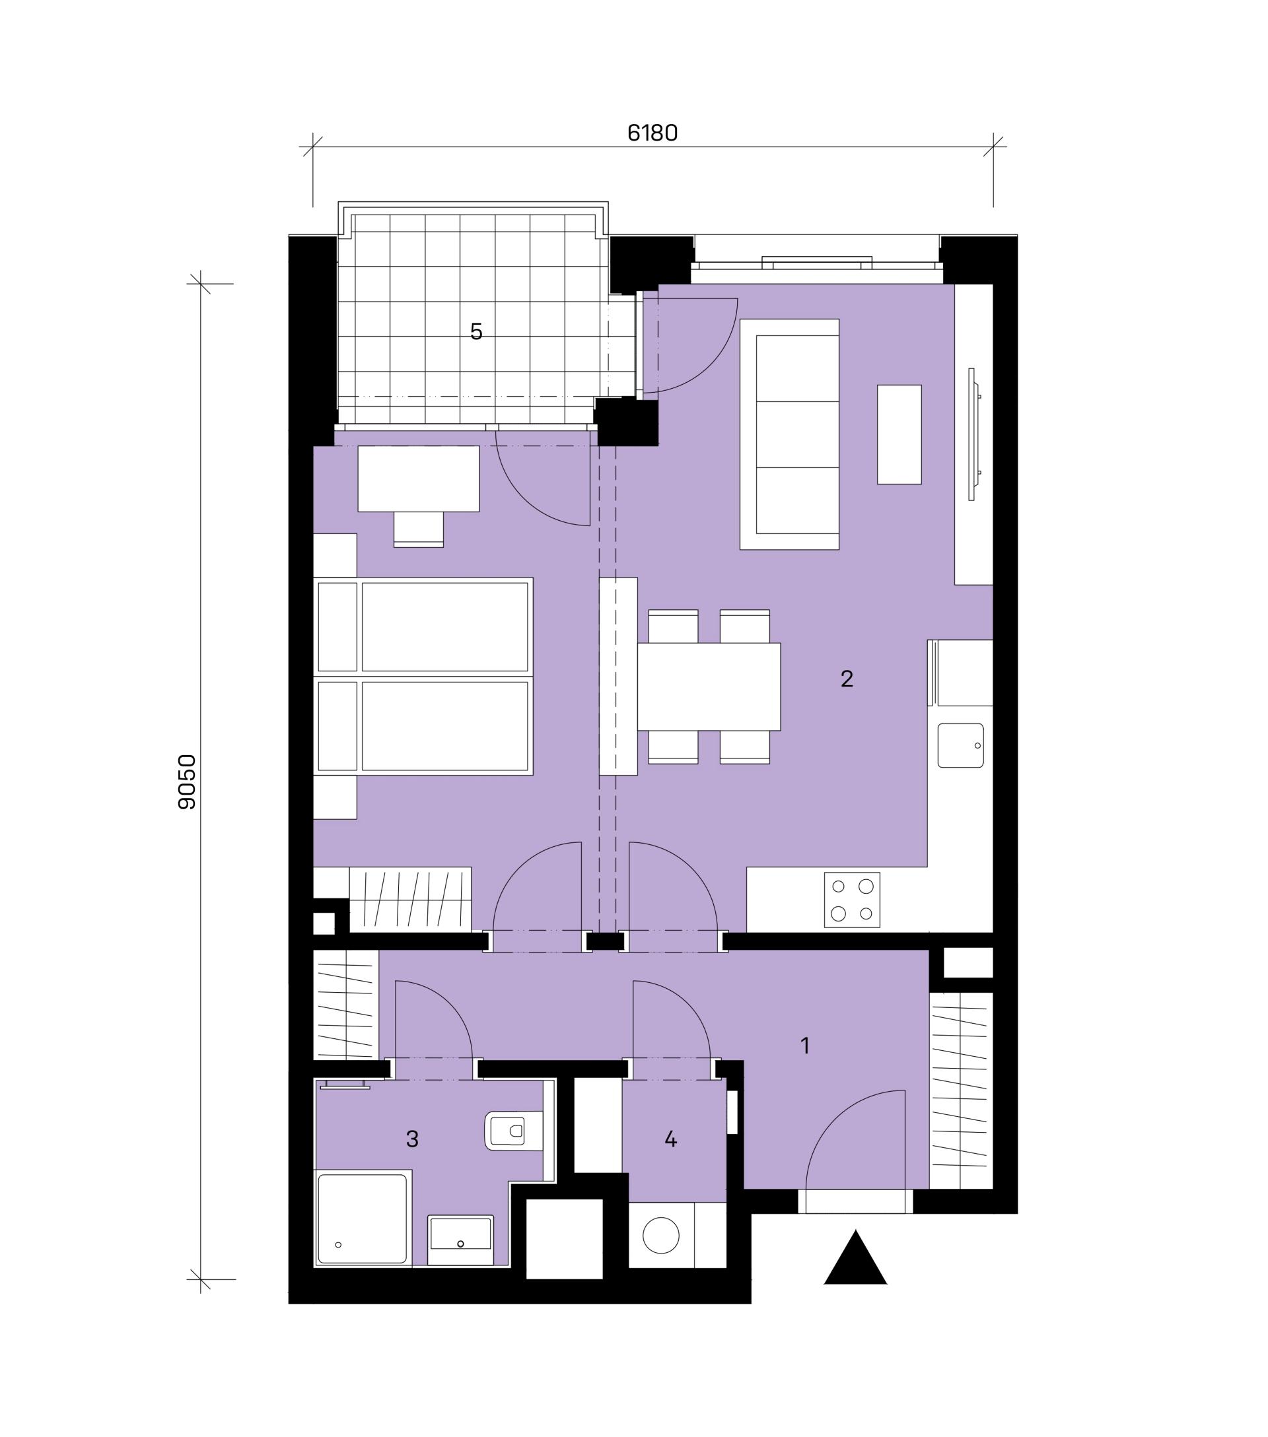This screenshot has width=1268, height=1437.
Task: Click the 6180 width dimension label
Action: point(652,133)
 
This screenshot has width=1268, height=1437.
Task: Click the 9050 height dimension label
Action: point(187,782)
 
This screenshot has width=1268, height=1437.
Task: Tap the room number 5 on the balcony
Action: point(476,332)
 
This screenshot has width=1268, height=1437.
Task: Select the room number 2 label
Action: point(847,679)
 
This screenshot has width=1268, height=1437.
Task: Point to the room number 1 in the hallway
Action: point(805,1046)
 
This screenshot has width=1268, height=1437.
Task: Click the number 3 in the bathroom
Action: point(412,1138)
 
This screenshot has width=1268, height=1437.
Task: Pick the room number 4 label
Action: point(670,1139)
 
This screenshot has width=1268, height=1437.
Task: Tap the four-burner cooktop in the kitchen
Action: point(852,900)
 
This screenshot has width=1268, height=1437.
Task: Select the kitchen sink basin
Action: point(960,745)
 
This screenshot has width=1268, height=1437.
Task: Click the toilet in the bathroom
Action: point(514,1131)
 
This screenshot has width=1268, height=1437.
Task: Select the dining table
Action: point(709,686)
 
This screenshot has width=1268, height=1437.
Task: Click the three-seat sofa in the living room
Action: point(789,434)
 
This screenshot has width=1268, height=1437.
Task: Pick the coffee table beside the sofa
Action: point(899,434)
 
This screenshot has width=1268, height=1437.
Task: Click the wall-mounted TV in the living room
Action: point(973,434)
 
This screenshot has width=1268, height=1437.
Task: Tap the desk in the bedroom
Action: point(419,479)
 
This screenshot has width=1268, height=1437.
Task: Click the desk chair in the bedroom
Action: point(419,529)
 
